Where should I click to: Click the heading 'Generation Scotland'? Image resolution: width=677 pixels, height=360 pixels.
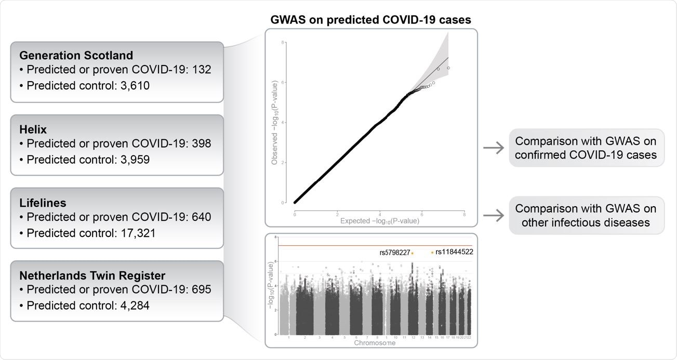[76, 55]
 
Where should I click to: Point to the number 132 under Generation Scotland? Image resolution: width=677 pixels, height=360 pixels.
[201, 70]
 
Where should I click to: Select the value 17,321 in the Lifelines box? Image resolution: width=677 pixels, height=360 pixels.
[135, 233]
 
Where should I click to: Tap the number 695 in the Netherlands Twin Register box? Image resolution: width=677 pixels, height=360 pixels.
[201, 289]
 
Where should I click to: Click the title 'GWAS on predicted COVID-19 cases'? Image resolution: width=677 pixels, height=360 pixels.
[370, 20]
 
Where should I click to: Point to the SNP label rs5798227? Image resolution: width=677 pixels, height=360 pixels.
[394, 253]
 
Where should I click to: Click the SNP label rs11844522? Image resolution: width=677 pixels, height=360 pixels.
[454, 252]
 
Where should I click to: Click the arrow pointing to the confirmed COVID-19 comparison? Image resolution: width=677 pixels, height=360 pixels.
[493, 148]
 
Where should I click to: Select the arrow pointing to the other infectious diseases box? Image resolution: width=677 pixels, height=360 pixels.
[493, 216]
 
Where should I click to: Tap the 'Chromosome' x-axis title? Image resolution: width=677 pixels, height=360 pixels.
[375, 343]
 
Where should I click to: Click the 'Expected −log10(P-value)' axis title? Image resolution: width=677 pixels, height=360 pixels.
[379, 221]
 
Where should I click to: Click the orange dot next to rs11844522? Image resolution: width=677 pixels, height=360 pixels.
[432, 252]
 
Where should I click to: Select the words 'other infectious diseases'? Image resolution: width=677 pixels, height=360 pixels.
[586, 223]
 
